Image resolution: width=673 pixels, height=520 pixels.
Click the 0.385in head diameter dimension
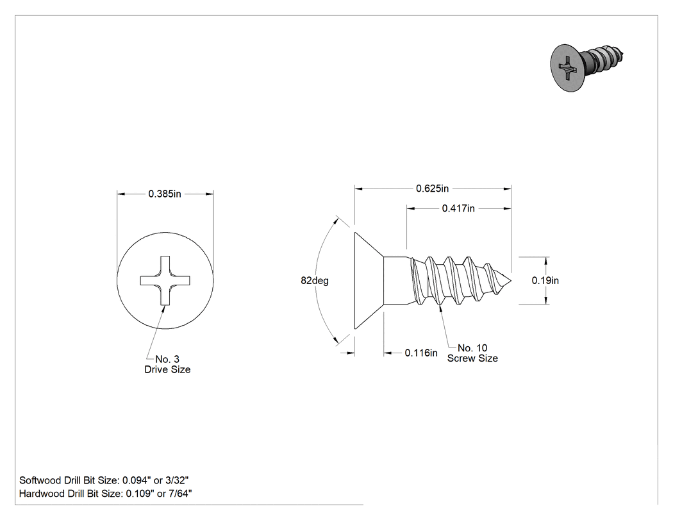pyautogui.click(x=165, y=194)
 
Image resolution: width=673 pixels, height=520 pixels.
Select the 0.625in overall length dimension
pyautogui.click(x=432, y=189)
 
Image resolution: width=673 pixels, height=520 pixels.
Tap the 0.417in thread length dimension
pyautogui.click(x=458, y=208)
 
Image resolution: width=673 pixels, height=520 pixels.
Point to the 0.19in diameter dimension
pyautogui.click(x=545, y=280)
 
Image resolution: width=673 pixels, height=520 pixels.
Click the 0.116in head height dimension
pyautogui.click(x=421, y=353)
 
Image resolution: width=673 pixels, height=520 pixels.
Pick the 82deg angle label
pyautogui.click(x=315, y=281)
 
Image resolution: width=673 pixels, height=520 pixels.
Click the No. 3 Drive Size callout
pyautogui.click(x=167, y=364)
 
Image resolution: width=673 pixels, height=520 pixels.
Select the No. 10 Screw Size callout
pyautogui.click(x=472, y=353)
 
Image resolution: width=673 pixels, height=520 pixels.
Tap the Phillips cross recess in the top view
pyautogui.click(x=165, y=280)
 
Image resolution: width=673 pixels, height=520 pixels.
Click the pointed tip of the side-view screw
pyautogui.click(x=511, y=281)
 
